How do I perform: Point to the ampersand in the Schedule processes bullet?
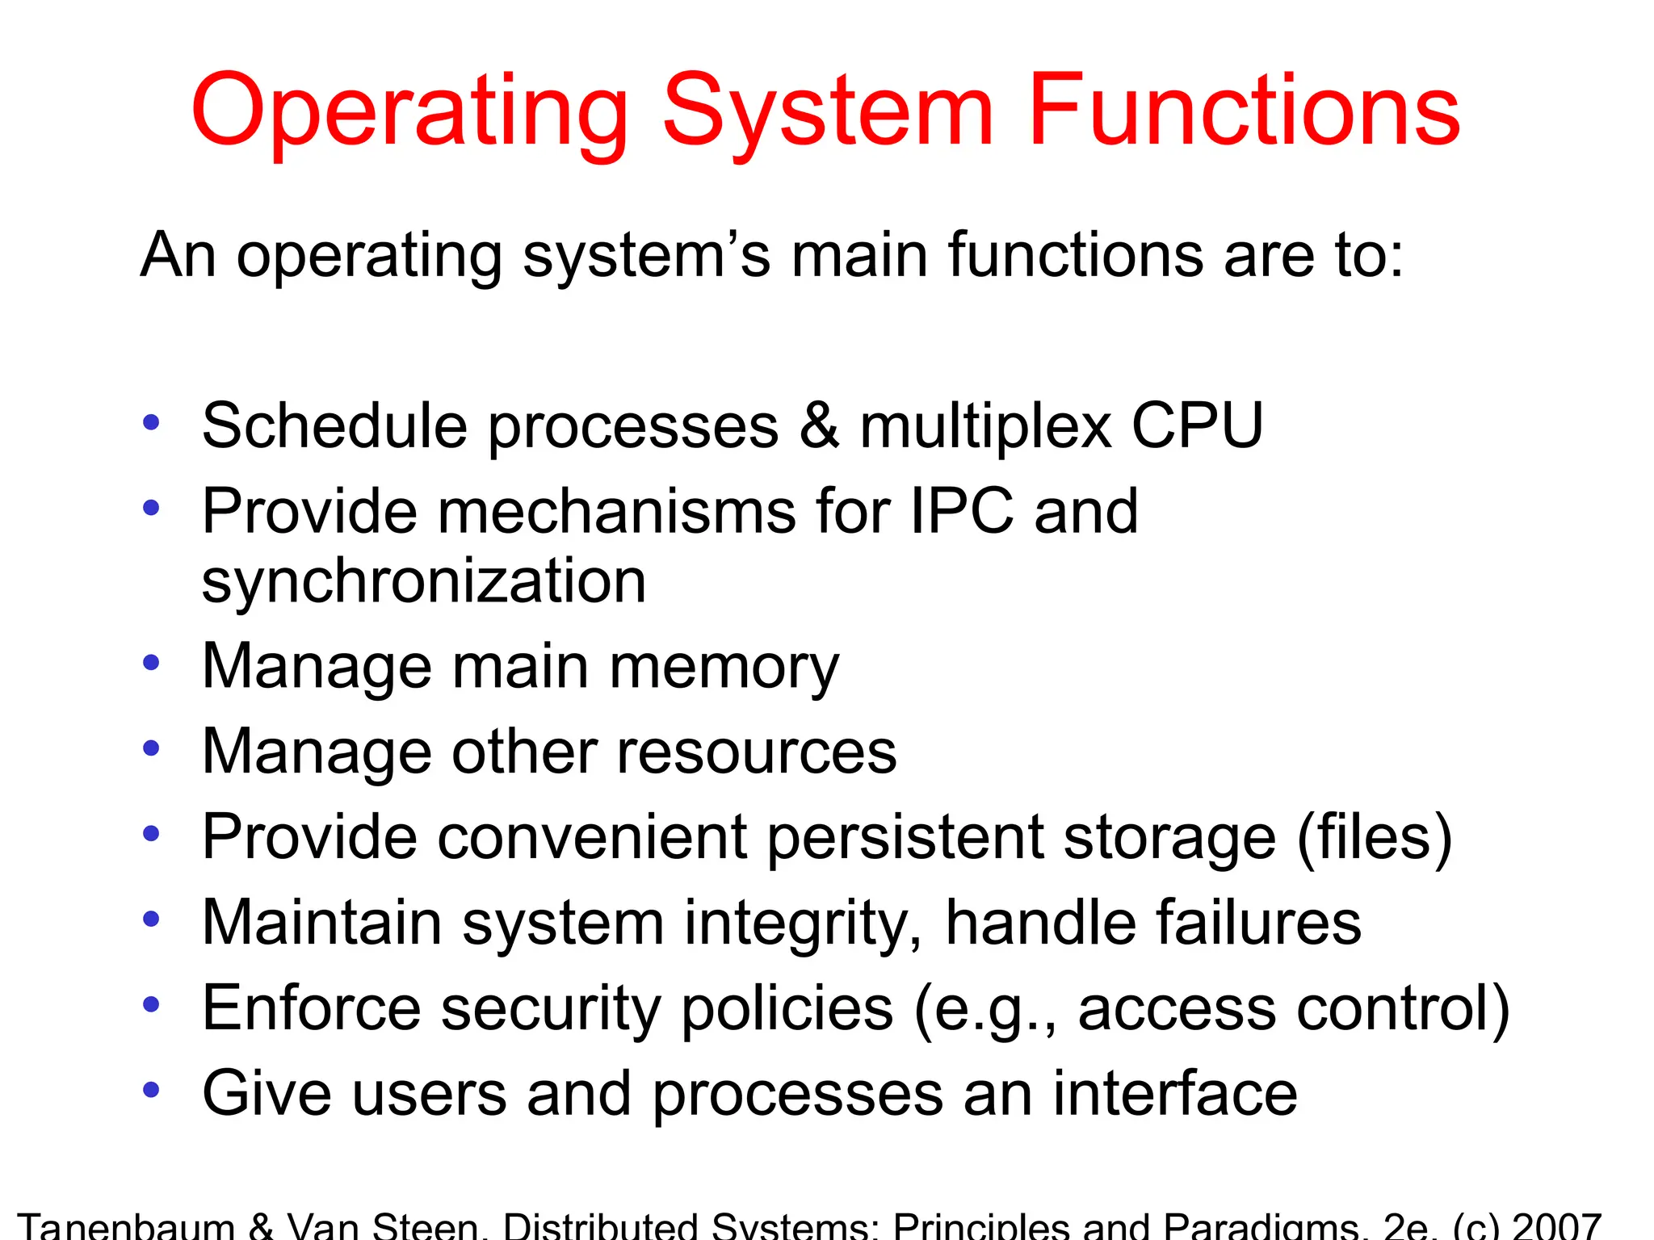819,425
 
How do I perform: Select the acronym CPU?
1197,425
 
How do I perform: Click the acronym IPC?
961,511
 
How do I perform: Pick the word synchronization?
424,581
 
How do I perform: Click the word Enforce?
312,1008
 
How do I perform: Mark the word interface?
1175,1094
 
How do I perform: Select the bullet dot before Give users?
151,1091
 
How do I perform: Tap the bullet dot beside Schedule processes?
151,422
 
